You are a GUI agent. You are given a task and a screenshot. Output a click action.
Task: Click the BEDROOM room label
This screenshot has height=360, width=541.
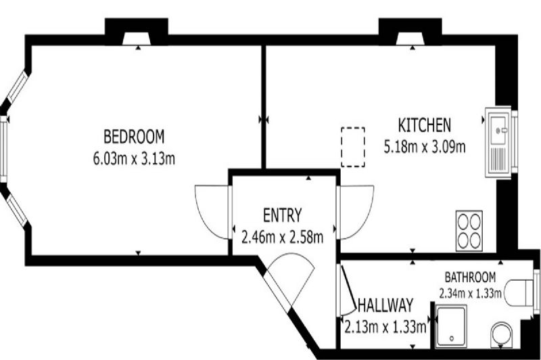(134, 136)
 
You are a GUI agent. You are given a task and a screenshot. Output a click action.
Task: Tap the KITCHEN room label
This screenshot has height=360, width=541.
(425, 125)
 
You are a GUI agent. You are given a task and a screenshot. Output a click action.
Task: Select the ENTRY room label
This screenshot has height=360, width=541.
(282, 215)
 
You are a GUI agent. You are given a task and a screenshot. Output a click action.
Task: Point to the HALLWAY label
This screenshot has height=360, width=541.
(385, 305)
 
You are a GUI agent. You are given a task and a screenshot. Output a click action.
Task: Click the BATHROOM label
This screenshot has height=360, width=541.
(470, 277)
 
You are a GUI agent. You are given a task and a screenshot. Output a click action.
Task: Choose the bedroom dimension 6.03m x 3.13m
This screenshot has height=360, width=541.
(134, 159)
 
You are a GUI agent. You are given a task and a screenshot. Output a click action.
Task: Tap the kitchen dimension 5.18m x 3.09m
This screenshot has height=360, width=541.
(425, 147)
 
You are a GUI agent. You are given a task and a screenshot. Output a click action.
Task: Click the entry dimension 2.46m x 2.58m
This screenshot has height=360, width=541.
(282, 238)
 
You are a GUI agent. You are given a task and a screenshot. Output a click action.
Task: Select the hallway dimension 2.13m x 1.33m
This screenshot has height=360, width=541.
(385, 327)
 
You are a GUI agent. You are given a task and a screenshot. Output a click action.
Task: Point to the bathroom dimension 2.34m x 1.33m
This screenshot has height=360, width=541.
(470, 294)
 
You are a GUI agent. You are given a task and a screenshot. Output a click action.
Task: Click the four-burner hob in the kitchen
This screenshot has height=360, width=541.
(469, 231)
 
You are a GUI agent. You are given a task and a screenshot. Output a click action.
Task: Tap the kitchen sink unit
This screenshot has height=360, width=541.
(498, 142)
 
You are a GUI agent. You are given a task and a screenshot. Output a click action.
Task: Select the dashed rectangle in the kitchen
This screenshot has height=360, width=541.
(353, 147)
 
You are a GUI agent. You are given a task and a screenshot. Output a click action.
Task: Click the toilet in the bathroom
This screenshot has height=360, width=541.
(519, 293)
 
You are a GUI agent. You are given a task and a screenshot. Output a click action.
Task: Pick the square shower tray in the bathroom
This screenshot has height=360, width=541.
(451, 326)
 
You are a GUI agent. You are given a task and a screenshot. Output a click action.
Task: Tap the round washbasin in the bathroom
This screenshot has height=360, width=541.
(502, 335)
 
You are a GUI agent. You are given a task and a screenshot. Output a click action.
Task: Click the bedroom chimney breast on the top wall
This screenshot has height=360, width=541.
(137, 31)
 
